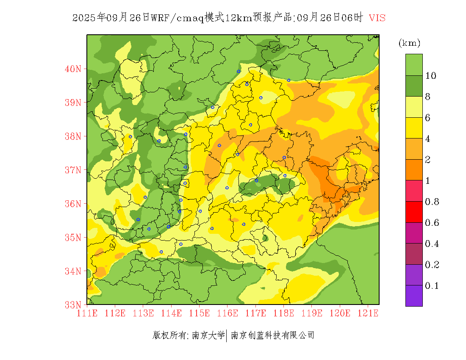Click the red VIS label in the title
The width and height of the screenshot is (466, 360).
pos(377,18)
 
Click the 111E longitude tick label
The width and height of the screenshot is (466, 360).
pos(87,313)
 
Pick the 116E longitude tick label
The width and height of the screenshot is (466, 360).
pos(227,313)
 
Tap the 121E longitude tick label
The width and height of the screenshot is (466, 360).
pos(368,313)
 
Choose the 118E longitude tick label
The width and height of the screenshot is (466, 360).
pos(283,313)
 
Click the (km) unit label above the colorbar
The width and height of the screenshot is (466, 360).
pos(409,43)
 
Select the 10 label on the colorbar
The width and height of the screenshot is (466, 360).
pos(431,75)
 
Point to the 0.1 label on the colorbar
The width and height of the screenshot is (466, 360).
pos(432,286)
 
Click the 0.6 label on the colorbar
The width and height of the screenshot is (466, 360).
pos(432,223)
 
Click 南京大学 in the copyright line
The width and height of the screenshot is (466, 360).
pos(208,335)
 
